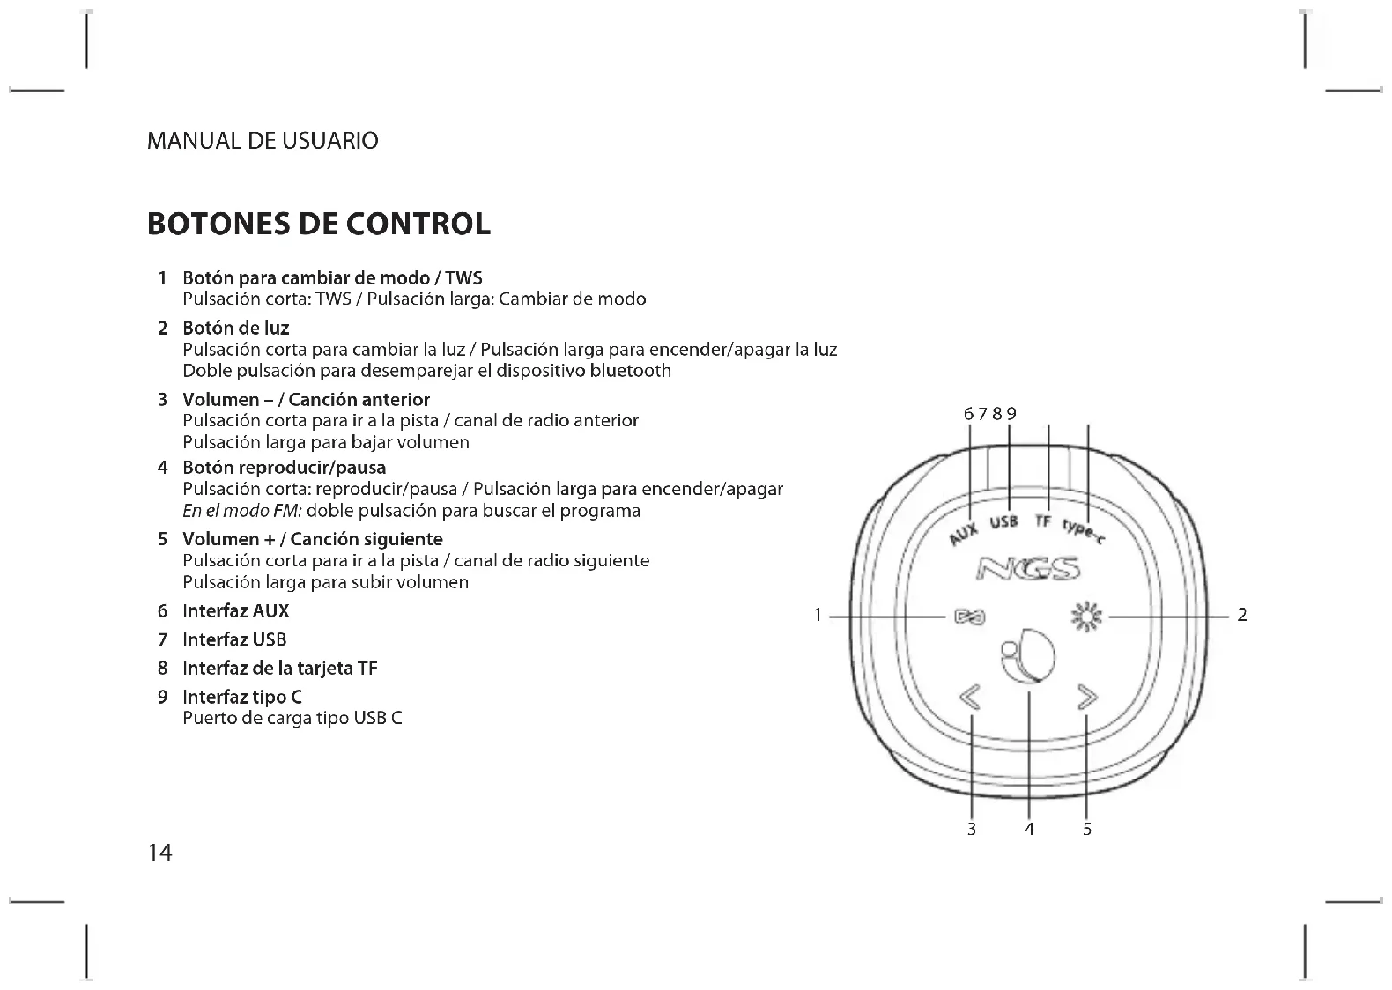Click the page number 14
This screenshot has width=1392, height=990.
click(159, 853)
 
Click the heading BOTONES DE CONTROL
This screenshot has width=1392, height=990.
click(318, 224)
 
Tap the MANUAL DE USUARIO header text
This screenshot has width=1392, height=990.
click(263, 141)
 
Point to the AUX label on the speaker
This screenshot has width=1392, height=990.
click(965, 532)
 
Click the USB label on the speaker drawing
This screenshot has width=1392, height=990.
click(1004, 521)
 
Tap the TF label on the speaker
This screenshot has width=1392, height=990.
click(1044, 521)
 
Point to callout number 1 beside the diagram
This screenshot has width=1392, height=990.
click(818, 616)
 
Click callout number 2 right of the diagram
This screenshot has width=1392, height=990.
click(1242, 616)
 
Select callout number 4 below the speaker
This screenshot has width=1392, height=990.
click(1029, 829)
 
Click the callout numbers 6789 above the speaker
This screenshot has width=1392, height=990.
click(990, 414)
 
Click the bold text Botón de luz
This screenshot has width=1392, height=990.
click(235, 329)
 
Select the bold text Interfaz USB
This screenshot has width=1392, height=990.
click(234, 639)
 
